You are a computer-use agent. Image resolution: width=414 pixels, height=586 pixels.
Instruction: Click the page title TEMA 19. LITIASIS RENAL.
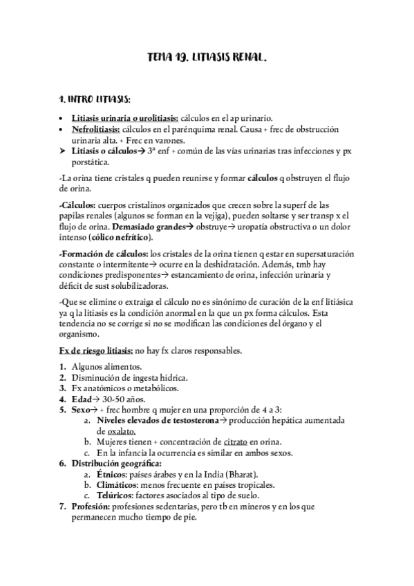(207, 60)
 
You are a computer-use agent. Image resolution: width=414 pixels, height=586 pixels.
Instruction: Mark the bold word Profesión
(91, 507)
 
